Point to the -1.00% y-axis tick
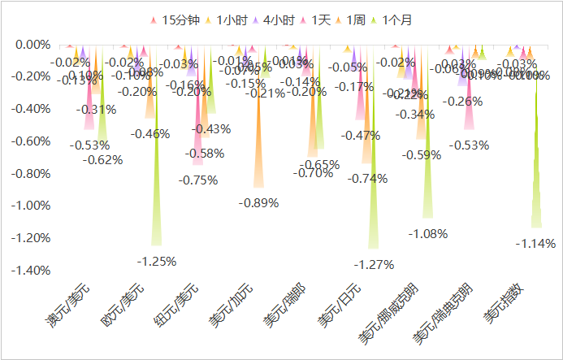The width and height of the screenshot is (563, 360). (28, 206)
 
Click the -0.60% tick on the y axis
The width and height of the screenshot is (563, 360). (28, 141)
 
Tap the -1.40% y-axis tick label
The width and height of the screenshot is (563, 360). (28, 270)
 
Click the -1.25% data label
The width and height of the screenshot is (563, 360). (156, 262)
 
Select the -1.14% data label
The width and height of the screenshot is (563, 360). (535, 243)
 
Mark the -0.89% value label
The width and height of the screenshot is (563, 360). (258, 203)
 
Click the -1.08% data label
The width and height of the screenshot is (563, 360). (427, 234)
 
